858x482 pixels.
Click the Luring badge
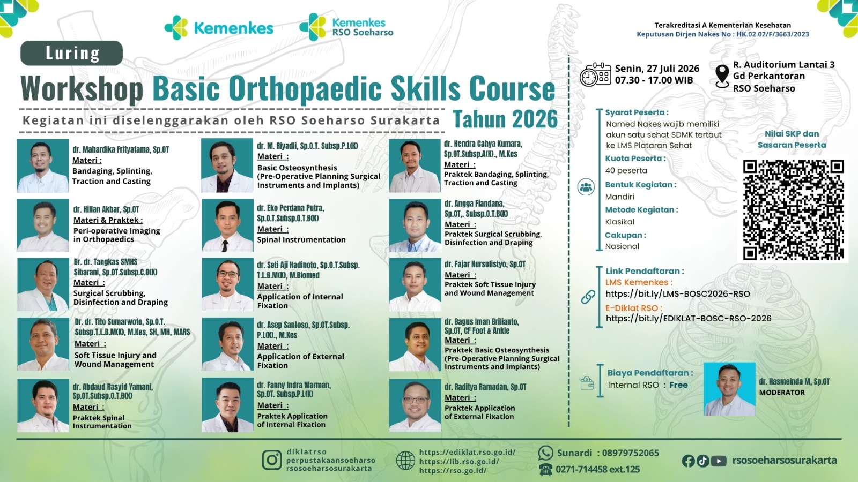[x=72, y=53]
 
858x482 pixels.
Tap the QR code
[x=793, y=210]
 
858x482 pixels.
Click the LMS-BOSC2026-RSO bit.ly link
[x=678, y=294]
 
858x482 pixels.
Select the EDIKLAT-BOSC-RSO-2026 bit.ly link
[x=689, y=318]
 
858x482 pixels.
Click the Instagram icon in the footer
[x=272, y=460]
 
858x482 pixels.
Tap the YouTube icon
[x=719, y=461]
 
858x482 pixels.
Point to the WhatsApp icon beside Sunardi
[x=545, y=453]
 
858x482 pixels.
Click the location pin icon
[x=722, y=76]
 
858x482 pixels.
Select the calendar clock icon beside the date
[x=595, y=74]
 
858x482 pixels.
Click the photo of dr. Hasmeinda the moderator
[x=729, y=389]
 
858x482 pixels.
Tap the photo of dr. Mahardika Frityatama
[x=43, y=165]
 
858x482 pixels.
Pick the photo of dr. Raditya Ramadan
[x=415, y=405]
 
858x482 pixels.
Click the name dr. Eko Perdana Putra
[x=291, y=208]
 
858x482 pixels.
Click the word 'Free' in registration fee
[x=678, y=385]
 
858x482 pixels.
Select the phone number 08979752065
[x=631, y=453]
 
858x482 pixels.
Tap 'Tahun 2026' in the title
[x=505, y=119]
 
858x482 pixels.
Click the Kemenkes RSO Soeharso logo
[x=346, y=27]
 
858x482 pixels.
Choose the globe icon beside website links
[x=405, y=460]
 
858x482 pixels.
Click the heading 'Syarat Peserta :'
[x=637, y=112]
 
